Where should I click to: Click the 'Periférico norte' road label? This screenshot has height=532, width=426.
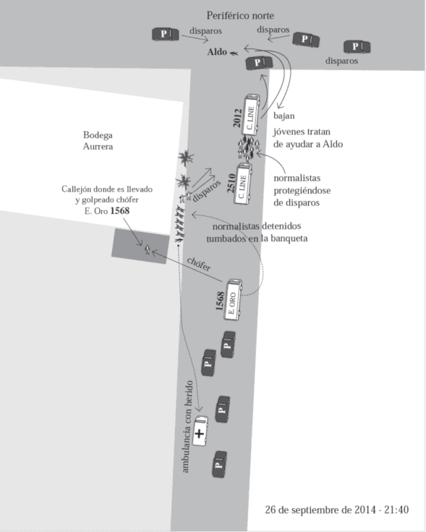pos(240,15)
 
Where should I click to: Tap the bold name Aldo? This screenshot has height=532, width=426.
pos(217,52)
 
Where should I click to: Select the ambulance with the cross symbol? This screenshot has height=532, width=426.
pos(200,431)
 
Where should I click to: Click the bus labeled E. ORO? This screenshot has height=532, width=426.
pos(233,300)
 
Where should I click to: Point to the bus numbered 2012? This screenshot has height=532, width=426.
pos(251,115)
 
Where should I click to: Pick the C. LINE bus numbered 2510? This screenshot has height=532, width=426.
pos(242,184)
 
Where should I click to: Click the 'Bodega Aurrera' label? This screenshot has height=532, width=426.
pos(98,141)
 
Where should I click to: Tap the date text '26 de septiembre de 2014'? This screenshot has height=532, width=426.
pos(320,509)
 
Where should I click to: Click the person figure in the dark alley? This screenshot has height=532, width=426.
pos(147,250)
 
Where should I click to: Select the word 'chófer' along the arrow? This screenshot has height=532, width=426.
pos(199,264)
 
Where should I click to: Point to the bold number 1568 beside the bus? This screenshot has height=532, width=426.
pos(220,301)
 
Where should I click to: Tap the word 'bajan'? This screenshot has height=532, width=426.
pos(284,116)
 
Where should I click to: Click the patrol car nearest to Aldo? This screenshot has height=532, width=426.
pos(259,63)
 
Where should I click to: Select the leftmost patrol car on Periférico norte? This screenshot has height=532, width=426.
pos(166,35)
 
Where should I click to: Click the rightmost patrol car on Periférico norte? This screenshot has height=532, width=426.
pos(357,47)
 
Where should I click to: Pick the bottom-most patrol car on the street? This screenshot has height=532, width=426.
pos(220,464)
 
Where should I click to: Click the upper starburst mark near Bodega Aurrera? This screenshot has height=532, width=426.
pos(186,158)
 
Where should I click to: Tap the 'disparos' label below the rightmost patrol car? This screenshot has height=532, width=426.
pos(341,61)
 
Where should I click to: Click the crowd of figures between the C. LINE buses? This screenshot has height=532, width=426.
pos(249,148)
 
